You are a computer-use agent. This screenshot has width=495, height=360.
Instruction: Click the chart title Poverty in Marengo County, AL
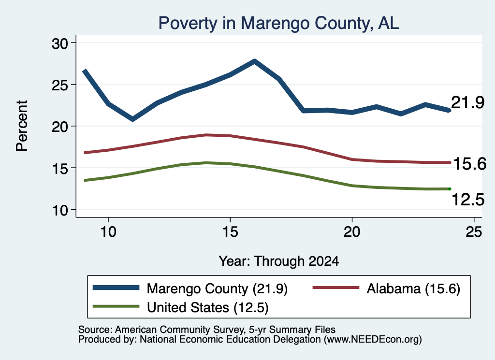coord(279,23)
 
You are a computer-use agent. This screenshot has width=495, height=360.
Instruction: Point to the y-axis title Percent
coord(22,126)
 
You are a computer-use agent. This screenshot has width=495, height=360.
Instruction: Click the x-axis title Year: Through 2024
coord(279,261)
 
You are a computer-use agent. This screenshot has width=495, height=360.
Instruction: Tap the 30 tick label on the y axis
coord(60,43)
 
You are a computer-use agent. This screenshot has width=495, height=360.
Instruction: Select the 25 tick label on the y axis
coord(60,85)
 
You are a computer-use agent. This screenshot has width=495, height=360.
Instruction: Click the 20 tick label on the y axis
coord(60,127)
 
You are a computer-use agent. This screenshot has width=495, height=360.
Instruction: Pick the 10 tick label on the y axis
coord(60,210)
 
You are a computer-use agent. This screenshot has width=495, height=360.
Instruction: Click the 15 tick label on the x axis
coord(230,232)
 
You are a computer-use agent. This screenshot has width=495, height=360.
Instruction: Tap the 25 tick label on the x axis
coord(474,232)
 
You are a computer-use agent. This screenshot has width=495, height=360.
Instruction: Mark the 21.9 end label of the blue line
coord(467,102)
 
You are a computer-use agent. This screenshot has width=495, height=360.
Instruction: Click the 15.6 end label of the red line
coord(470,164)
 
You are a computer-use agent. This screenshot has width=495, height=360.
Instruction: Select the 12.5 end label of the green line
coord(468,200)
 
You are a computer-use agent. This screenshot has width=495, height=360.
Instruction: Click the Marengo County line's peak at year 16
coord(255,61)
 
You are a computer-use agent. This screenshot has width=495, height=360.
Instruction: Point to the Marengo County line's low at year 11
coord(132,119)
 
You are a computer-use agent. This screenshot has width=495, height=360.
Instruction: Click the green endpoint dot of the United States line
coord(450,189)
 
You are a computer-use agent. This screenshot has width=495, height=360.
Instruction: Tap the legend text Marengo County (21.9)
coord(217,288)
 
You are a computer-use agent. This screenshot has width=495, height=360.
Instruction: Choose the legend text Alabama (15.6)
coord(413,288)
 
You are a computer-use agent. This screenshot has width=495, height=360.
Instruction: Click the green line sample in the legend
coord(116,306)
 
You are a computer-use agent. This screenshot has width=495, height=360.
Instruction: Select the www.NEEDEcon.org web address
coord(373,340)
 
